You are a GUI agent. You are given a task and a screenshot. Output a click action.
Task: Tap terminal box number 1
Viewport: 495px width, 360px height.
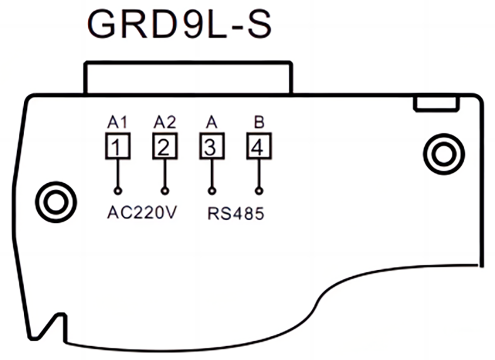point(117,148)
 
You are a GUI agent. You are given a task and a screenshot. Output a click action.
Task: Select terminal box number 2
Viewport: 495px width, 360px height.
point(165,148)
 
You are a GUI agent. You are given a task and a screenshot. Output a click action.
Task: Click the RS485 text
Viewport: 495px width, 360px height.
point(235,213)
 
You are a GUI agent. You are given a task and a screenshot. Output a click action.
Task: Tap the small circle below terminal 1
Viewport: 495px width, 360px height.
point(117,190)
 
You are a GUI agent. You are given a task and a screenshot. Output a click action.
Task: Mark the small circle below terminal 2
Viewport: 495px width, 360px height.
point(165,190)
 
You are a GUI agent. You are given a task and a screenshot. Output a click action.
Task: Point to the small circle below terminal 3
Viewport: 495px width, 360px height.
point(212,190)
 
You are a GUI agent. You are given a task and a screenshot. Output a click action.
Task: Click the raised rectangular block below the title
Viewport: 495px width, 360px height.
point(187,78)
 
